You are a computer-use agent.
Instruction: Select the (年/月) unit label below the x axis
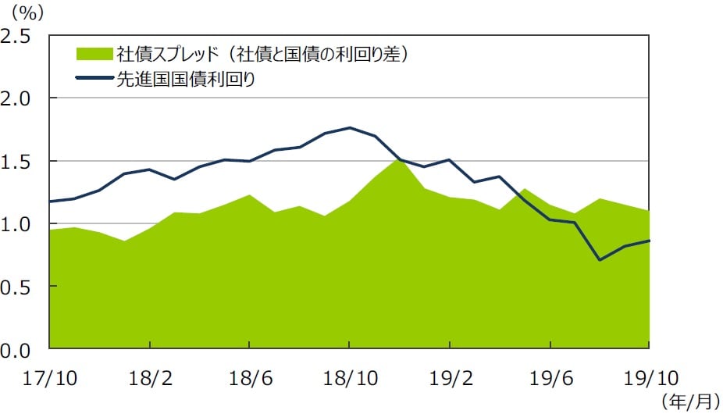tap(689, 402)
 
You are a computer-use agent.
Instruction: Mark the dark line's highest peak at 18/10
tap(349, 127)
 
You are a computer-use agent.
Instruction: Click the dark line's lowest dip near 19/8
tap(600, 259)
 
